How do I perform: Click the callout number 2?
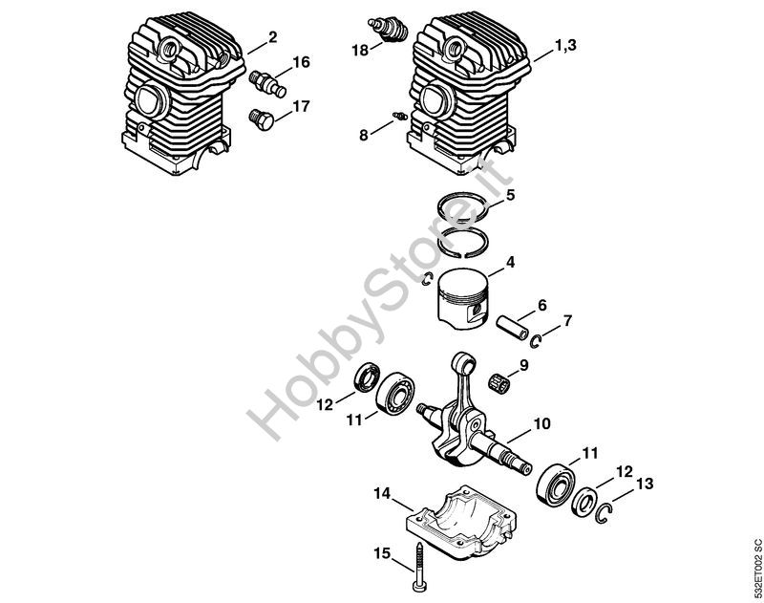coord(273,37)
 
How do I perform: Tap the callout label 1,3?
coord(565,43)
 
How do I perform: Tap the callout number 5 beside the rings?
coord(511,195)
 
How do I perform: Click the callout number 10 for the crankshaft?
coord(542,422)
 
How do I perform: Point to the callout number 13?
coord(646,484)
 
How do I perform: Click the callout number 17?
coord(302,106)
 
